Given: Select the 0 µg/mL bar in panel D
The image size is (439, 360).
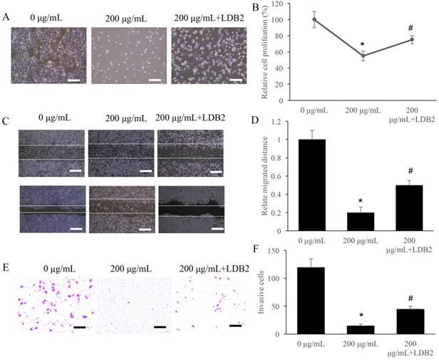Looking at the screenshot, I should [x=314, y=175].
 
